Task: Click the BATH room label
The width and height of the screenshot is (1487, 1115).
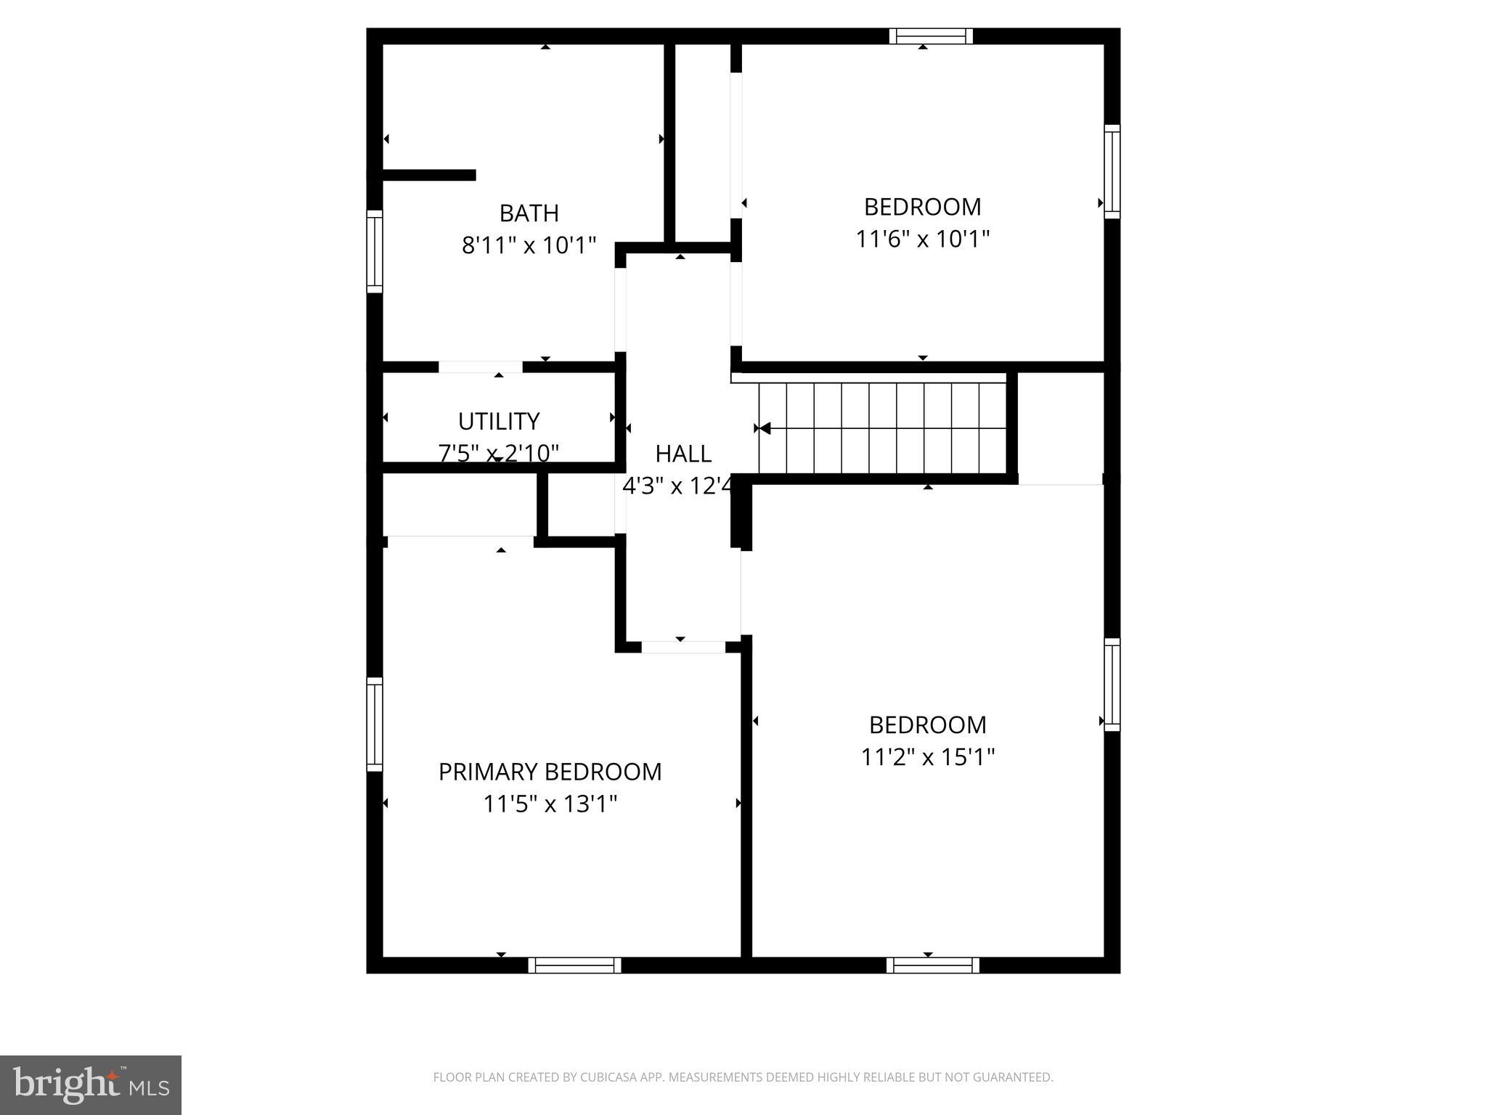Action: pyautogui.click(x=529, y=213)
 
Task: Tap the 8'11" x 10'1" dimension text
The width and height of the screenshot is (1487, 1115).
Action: pyautogui.click(x=529, y=245)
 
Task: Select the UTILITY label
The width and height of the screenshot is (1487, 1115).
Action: pyautogui.click(x=499, y=421)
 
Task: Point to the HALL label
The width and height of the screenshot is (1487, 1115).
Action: pyautogui.click(x=683, y=454)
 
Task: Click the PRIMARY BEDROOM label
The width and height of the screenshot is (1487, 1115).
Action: pyautogui.click(x=550, y=772)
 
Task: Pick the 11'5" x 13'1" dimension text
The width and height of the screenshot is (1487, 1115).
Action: pyautogui.click(x=550, y=804)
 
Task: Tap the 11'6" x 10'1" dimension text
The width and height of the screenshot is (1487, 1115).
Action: pyautogui.click(x=922, y=239)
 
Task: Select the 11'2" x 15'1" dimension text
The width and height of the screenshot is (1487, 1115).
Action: pyautogui.click(x=927, y=757)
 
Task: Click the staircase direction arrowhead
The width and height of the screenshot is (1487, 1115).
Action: pyautogui.click(x=763, y=428)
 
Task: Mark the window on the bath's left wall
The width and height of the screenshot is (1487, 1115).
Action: pyautogui.click(x=375, y=251)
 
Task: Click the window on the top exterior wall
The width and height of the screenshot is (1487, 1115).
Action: pyautogui.click(x=931, y=36)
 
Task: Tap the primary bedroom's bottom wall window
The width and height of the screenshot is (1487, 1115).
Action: pyautogui.click(x=574, y=965)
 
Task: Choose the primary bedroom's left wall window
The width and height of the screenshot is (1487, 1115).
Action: pyautogui.click(x=375, y=724)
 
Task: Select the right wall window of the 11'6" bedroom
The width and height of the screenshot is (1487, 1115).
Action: pyautogui.click(x=1112, y=171)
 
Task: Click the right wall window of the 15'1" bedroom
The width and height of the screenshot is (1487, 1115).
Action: pyautogui.click(x=1112, y=685)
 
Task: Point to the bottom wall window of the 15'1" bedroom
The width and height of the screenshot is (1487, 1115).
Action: pyautogui.click(x=932, y=965)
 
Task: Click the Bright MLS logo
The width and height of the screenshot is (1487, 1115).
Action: pyautogui.click(x=91, y=1085)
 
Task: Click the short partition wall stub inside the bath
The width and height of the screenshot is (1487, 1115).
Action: pyautogui.click(x=428, y=175)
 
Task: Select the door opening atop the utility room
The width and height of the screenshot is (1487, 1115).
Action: pyautogui.click(x=480, y=367)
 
